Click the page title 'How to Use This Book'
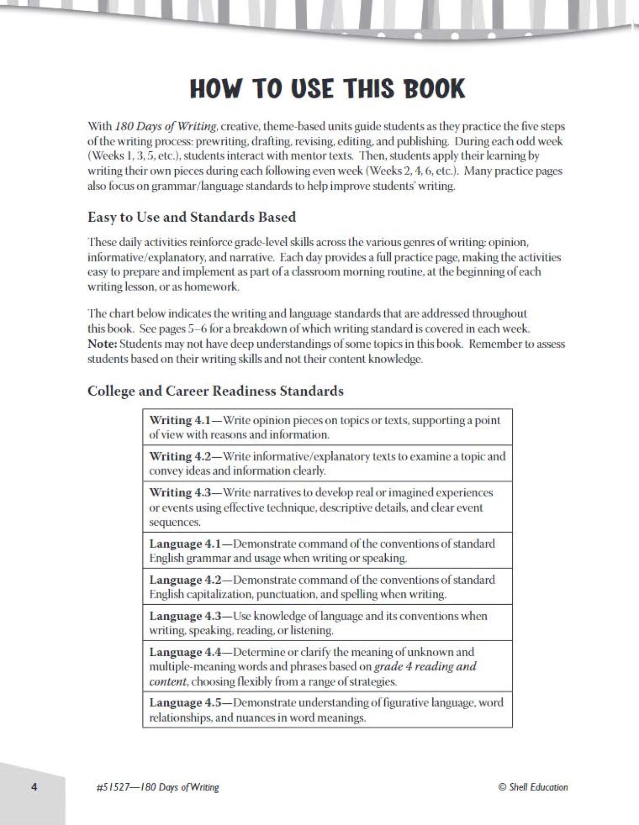(x=327, y=89)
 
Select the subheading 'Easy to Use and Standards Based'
(x=191, y=217)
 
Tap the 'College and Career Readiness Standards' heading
(x=215, y=391)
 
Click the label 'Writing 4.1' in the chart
(x=179, y=420)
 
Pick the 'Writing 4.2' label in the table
(x=180, y=456)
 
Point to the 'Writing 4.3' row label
(x=180, y=492)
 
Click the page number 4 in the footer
(x=34, y=787)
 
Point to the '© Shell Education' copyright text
(x=532, y=787)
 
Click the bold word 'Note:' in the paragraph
(x=102, y=344)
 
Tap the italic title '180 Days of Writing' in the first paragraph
(x=166, y=126)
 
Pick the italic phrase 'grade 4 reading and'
(x=425, y=667)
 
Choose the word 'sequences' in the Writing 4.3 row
(x=175, y=522)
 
